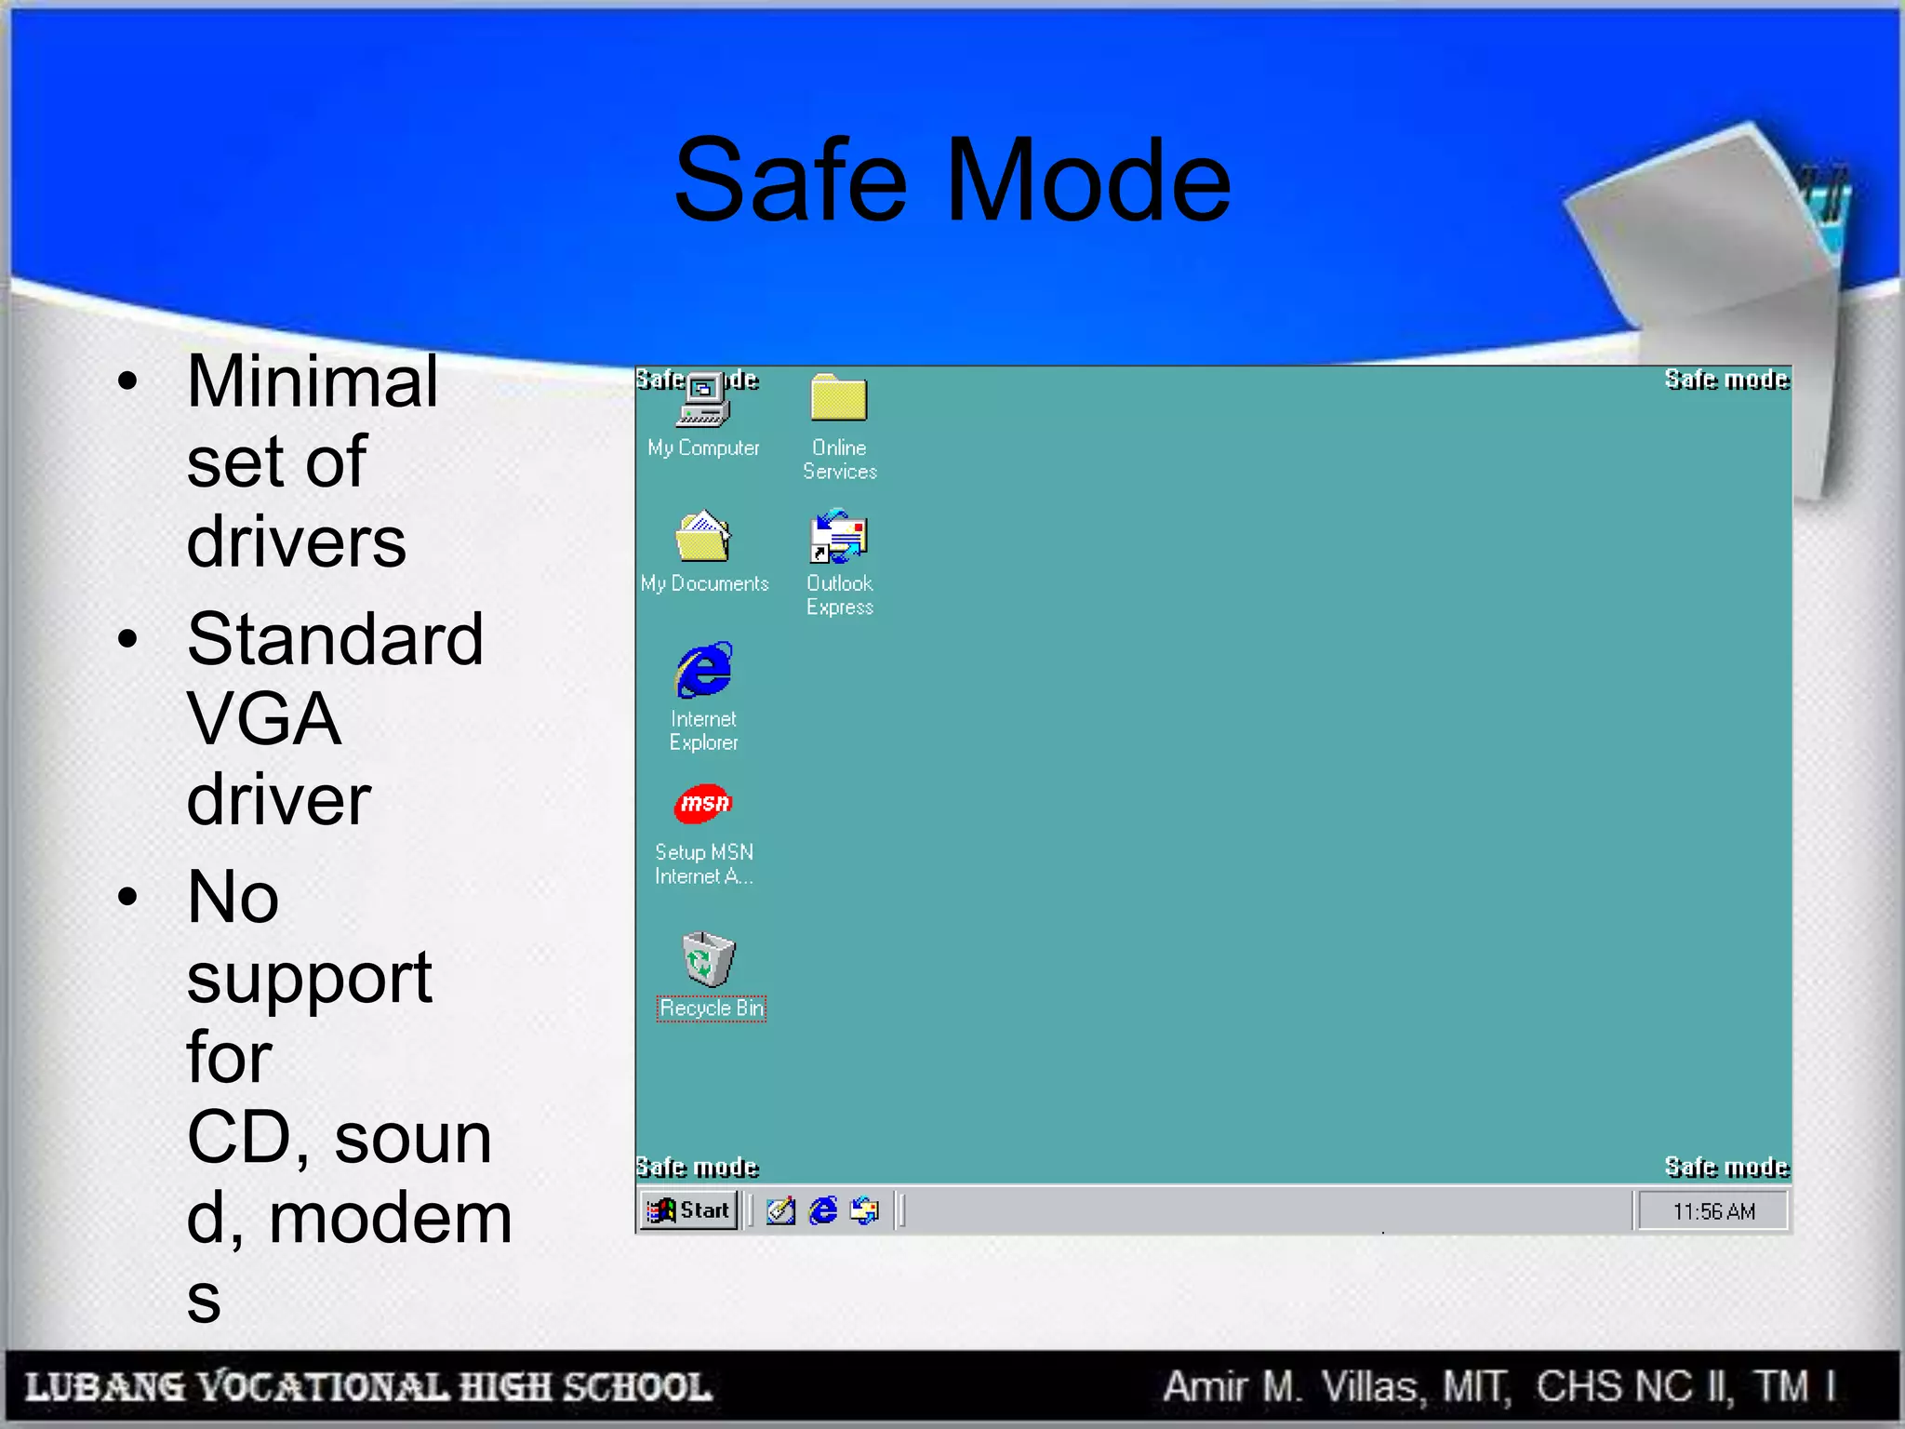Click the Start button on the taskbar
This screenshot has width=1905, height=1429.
pos(689,1210)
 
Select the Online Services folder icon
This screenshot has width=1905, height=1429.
pos(839,398)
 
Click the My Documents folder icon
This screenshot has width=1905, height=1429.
pos(703,537)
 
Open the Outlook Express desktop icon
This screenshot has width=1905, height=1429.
pos(839,537)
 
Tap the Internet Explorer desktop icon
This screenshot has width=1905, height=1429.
pos(704,670)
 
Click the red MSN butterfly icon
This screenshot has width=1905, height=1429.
pos(703,803)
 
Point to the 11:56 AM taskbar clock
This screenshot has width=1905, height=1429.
pos(1713,1211)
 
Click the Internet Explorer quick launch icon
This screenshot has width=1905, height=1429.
pos(823,1210)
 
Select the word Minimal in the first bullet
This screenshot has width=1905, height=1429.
pos(313,381)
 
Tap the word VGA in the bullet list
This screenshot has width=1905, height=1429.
pos(264,719)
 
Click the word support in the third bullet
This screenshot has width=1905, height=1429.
pos(309,979)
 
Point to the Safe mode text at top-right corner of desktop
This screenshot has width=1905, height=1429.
pos(1726,380)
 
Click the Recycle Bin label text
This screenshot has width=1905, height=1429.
pos(712,1008)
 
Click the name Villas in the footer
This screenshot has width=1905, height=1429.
pos(1372,1387)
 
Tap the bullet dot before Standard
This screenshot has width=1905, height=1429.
pos(128,639)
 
